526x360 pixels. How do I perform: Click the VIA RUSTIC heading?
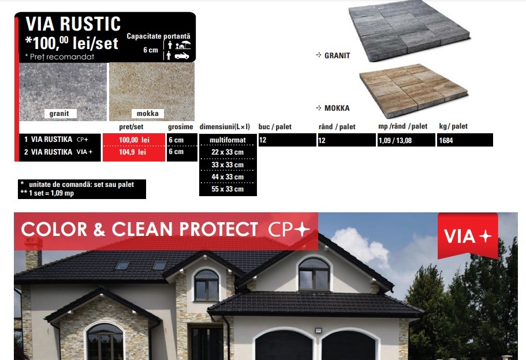pos(73,24)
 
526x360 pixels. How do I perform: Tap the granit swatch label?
pos(59,114)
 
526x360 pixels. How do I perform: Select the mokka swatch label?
pos(148,114)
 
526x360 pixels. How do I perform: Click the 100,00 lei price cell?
pos(134,140)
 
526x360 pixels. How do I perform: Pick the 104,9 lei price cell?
pos(134,152)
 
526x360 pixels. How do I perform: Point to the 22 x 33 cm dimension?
pos(227,152)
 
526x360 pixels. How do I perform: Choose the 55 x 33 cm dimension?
pos(227,189)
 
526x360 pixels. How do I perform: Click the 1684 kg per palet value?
pos(446,140)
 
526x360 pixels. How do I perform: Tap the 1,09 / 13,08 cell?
pos(395,140)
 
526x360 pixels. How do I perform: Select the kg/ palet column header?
pos(453,126)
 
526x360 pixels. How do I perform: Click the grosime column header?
pos(181,127)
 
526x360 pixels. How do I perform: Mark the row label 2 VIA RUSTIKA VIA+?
pos(58,152)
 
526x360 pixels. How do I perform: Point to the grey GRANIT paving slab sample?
pos(409,31)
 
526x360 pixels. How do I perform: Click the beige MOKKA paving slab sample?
pos(413,91)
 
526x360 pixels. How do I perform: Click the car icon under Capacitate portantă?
pos(182,55)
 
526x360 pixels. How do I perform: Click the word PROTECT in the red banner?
pos(218,230)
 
